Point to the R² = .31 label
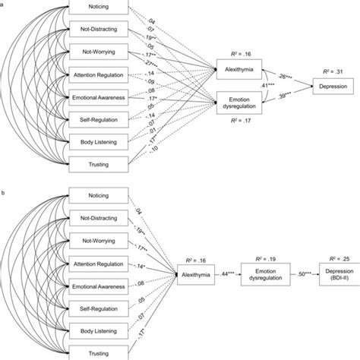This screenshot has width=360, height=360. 333,71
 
